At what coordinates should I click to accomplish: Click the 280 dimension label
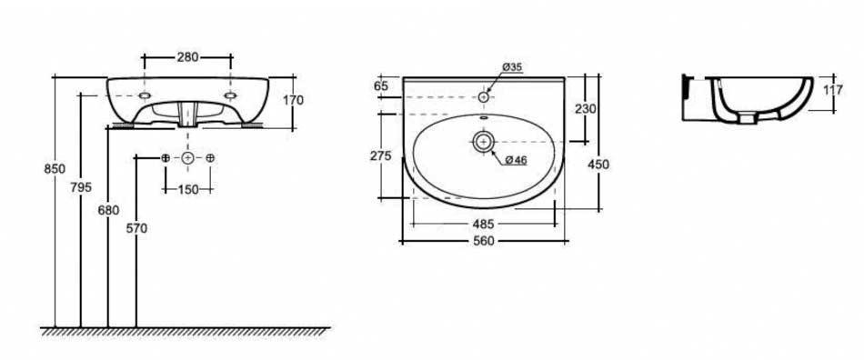click(x=187, y=56)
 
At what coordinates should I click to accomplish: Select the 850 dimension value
click(x=55, y=169)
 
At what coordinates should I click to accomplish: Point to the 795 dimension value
click(x=81, y=187)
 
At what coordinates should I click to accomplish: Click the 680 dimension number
click(x=108, y=210)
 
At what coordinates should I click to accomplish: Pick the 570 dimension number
click(x=136, y=228)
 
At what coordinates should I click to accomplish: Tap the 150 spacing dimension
click(x=188, y=189)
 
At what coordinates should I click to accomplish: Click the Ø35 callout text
click(x=512, y=67)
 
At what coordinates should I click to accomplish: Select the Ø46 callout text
click(x=516, y=160)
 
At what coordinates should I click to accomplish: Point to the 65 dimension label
click(x=381, y=85)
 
